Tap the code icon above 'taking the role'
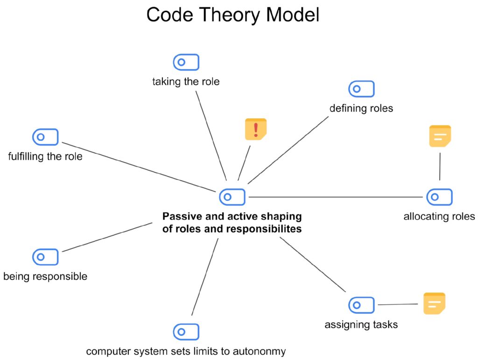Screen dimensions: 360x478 click(x=186, y=62)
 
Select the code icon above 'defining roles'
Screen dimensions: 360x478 click(x=361, y=89)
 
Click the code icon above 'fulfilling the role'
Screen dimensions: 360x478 click(x=45, y=137)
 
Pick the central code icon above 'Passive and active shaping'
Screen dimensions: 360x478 click(x=232, y=197)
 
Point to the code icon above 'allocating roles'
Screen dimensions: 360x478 click(x=439, y=197)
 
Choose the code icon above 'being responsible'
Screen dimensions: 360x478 click(x=45, y=257)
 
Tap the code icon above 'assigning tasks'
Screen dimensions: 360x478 click(x=361, y=305)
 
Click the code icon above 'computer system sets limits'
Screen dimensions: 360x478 click(x=186, y=332)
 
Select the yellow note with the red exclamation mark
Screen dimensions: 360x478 click(x=255, y=129)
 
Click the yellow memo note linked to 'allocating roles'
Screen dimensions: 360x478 click(x=440, y=136)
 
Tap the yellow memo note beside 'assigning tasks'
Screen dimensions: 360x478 click(x=434, y=304)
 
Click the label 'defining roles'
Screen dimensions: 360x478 click(x=361, y=109)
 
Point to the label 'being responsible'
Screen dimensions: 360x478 click(x=45, y=276)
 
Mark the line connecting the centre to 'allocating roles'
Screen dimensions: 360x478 click(x=336, y=197)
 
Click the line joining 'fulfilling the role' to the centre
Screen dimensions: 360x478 click(x=140, y=166)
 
